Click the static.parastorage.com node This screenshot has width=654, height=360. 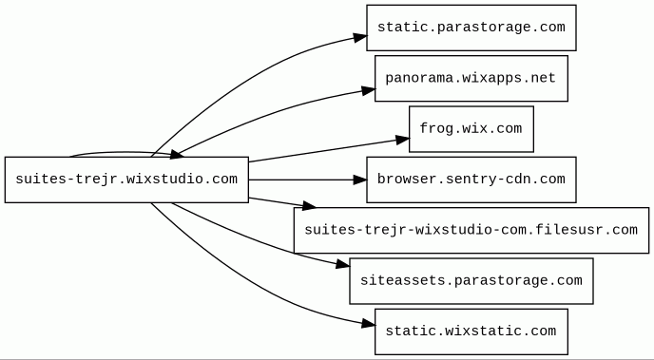(x=471, y=28)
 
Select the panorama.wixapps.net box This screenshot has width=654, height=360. (x=471, y=78)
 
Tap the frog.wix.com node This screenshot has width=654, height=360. (x=471, y=129)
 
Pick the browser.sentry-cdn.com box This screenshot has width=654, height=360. (x=471, y=180)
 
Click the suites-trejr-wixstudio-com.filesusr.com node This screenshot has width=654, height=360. (x=471, y=231)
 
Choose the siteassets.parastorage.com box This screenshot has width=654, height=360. (x=471, y=281)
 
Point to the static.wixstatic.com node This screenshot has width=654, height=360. (x=471, y=332)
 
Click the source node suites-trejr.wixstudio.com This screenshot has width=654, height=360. (x=126, y=180)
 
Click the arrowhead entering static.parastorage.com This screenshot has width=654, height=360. (x=360, y=37)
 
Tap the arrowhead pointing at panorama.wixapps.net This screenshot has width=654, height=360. (x=368, y=90)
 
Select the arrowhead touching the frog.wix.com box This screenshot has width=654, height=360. (x=402, y=140)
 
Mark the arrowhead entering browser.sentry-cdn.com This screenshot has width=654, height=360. (x=360, y=180)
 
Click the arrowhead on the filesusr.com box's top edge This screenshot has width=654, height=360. (x=309, y=205)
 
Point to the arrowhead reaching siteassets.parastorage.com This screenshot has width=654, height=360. (x=343, y=264)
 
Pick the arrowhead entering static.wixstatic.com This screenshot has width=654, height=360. (x=368, y=323)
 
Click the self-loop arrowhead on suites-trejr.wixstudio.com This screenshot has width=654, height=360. (x=177, y=155)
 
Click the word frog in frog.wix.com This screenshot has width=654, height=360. (x=435, y=129)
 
